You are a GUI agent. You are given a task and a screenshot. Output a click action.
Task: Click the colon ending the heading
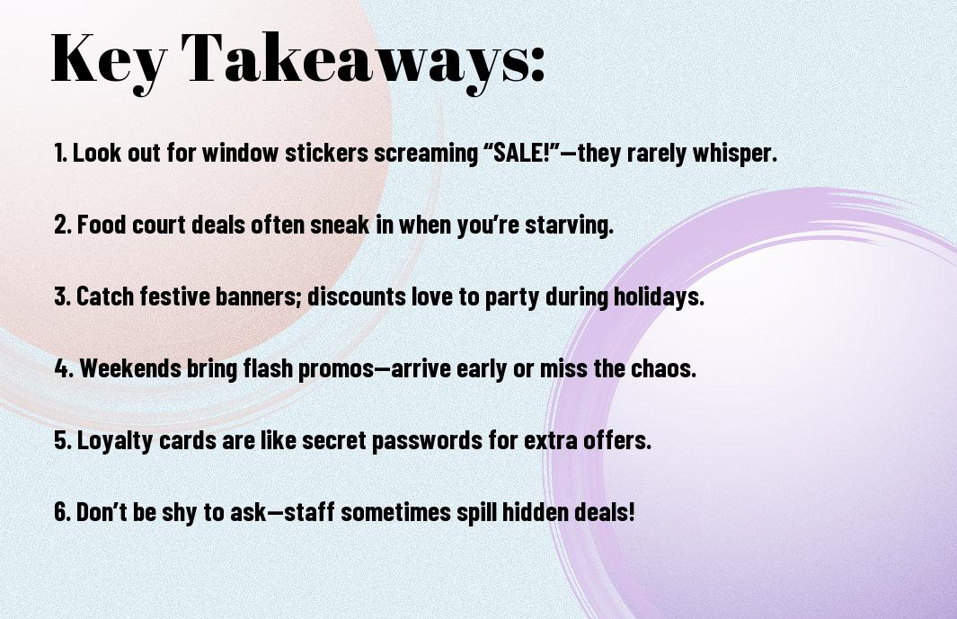coord(537,64)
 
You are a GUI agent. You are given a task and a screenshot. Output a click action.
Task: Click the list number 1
coord(60,153)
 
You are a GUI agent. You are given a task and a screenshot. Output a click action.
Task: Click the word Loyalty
coord(115,440)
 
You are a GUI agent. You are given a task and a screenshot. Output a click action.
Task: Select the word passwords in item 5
coord(427,440)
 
